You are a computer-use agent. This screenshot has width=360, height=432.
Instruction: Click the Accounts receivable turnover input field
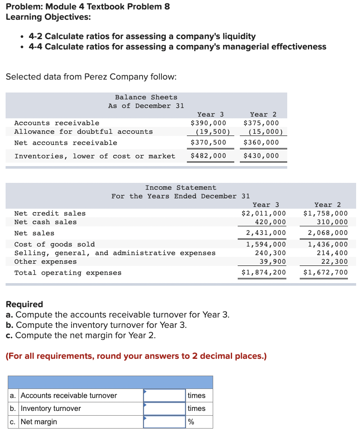[x=164, y=395]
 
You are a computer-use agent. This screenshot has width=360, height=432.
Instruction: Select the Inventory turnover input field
[x=164, y=408]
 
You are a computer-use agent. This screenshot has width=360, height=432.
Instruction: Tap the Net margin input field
[x=164, y=422]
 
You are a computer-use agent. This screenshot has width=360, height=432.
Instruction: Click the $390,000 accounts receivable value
[x=208, y=123]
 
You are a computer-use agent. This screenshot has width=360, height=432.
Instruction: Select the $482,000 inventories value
[x=208, y=156]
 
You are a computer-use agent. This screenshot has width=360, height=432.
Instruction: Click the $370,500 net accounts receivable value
[x=208, y=142]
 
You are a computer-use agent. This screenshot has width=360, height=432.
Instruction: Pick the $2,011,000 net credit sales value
[x=264, y=213]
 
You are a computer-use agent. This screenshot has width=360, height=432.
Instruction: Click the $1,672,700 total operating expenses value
[x=326, y=273]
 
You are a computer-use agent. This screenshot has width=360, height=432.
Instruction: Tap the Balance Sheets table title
[x=146, y=97]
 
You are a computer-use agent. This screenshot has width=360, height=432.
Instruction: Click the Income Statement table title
[x=181, y=188]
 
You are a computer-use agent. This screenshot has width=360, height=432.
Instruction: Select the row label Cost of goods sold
[x=55, y=244]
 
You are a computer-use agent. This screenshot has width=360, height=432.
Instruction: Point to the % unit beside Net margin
[x=191, y=422]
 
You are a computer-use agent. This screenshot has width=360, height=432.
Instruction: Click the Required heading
[x=24, y=304]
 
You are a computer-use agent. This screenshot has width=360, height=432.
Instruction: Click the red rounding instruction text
[x=136, y=356]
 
